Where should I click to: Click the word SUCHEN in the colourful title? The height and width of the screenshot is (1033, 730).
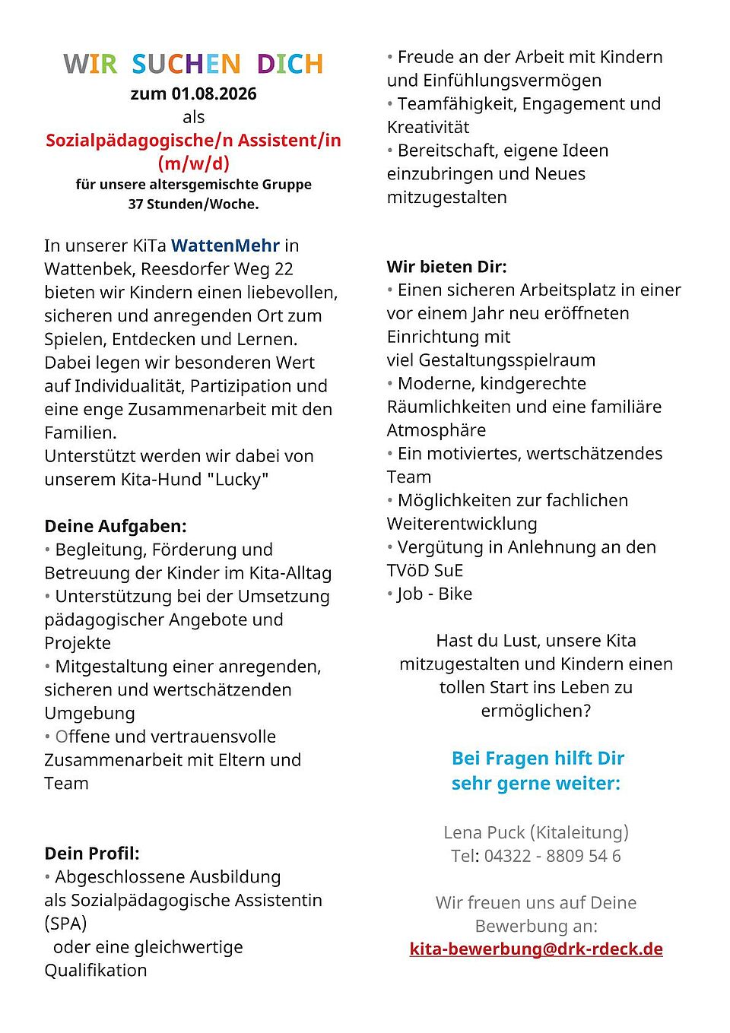point(186,64)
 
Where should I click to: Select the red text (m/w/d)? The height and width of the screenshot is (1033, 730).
point(193,163)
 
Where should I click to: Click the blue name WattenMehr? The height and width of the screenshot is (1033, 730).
point(225,246)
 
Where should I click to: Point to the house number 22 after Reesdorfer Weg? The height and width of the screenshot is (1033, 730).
point(284,269)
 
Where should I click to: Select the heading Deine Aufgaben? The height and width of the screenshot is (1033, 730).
point(116,526)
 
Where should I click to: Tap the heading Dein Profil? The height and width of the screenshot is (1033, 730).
point(92,853)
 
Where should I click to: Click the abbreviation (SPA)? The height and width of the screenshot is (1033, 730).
point(65,924)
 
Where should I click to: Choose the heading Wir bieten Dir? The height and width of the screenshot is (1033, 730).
point(446,267)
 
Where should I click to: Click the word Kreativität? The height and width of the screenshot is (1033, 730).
point(428,127)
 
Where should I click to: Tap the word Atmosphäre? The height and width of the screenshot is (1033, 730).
point(436,430)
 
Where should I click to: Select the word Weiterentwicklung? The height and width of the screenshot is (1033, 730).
point(462,524)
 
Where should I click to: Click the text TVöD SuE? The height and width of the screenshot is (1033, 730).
point(425,571)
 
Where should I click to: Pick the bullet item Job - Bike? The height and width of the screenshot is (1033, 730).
point(434,594)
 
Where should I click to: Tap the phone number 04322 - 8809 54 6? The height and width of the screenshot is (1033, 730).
point(552,856)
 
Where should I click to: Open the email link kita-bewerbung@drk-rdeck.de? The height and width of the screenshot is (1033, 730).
point(536,949)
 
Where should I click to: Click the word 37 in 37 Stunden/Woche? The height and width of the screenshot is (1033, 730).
point(136,204)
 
